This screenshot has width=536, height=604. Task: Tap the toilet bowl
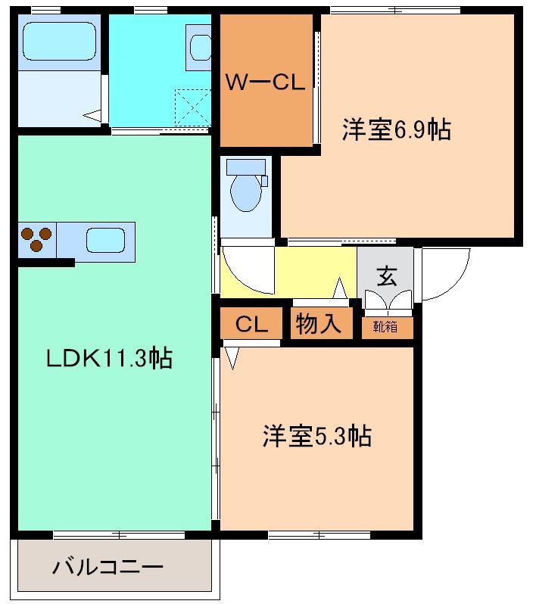coord(245,189)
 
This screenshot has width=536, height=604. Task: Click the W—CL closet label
coord(266,83)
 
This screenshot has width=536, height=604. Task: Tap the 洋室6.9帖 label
coord(395,130)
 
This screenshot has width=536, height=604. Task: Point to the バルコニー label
coord(107,566)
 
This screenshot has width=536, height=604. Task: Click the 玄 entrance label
coord(386,276)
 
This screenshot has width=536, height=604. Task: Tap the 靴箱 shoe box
coord(387,327)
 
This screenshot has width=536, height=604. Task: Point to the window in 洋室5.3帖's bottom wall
coord(319,535)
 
